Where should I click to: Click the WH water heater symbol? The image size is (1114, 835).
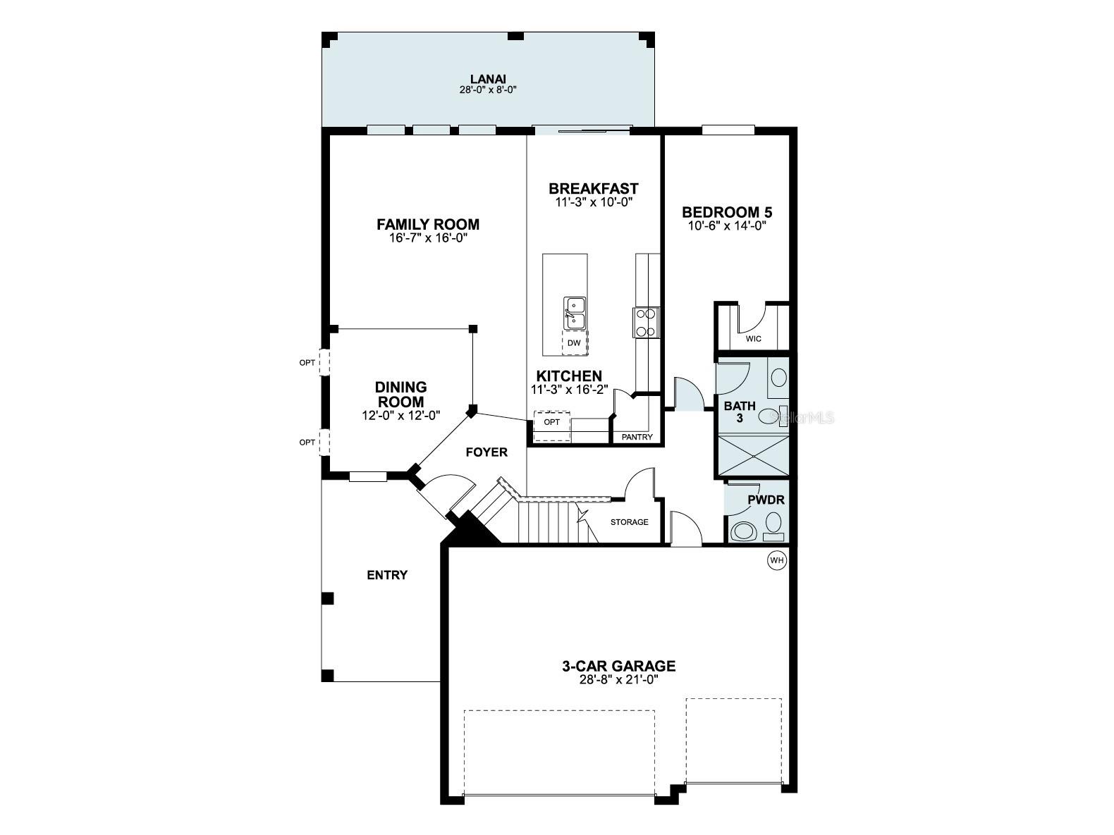coord(776,560)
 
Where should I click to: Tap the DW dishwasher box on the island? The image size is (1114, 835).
coord(574,342)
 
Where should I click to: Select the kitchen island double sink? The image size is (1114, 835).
coord(574,312)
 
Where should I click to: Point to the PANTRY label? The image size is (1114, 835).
coord(637,437)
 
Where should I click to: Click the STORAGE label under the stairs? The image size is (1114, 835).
coord(629,522)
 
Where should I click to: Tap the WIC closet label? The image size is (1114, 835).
coord(754,339)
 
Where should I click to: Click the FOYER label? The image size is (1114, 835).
coord(486,452)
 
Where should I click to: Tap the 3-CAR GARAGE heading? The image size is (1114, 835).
coord(618,665)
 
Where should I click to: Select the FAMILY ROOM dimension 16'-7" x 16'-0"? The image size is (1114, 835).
coord(428,237)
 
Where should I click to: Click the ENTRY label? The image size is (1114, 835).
coord(387,575)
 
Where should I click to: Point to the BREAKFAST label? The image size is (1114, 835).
coord(593,189)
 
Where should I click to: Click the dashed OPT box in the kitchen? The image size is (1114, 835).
coord(551,422)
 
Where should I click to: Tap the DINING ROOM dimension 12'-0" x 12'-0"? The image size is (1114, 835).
coord(400,415)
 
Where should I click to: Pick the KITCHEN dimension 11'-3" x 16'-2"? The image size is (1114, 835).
coord(569,389)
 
